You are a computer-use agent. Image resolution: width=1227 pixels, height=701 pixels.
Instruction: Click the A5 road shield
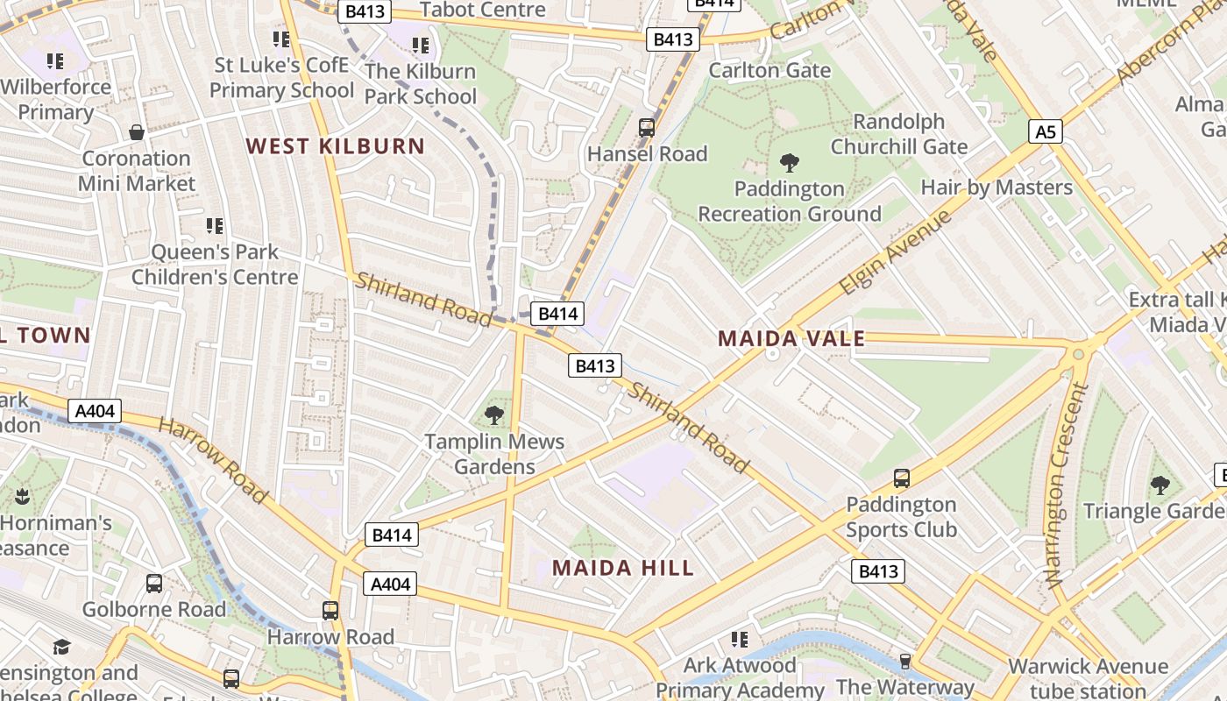click(1046, 131)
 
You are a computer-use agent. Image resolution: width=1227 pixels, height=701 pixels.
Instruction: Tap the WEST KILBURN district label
click(335, 146)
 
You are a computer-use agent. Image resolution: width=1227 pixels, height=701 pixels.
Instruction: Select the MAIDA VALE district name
click(791, 338)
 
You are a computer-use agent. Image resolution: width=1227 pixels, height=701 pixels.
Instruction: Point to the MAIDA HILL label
click(622, 568)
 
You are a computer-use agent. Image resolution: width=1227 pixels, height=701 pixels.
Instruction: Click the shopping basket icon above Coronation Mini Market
click(137, 132)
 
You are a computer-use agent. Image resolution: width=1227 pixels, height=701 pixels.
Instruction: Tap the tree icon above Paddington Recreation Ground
click(789, 162)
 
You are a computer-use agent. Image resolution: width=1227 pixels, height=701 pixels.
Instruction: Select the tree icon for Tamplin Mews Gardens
click(494, 414)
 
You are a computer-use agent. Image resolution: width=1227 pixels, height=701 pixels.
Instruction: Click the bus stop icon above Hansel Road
click(647, 127)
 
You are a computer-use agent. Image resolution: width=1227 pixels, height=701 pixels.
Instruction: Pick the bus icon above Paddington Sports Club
click(901, 478)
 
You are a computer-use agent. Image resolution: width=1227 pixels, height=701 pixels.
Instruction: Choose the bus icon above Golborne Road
click(154, 583)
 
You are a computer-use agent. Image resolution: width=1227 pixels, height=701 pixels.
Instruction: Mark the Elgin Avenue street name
click(895, 252)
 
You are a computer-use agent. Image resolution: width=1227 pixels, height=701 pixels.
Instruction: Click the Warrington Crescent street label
click(1066, 485)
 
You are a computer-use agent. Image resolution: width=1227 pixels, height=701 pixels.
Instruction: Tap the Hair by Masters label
click(996, 188)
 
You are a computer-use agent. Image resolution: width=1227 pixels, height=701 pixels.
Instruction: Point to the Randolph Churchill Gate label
click(898, 134)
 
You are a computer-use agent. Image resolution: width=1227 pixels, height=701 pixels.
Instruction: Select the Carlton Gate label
click(770, 70)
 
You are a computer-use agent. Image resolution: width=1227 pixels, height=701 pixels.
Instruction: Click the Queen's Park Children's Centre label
click(215, 265)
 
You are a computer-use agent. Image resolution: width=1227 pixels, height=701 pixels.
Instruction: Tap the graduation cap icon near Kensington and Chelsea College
click(61, 647)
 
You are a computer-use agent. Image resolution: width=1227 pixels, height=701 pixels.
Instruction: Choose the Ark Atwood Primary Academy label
click(740, 677)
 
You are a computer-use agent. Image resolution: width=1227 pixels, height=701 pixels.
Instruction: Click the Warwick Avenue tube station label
click(1088, 677)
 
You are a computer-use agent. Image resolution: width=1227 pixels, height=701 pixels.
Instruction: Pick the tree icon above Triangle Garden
click(1160, 485)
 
